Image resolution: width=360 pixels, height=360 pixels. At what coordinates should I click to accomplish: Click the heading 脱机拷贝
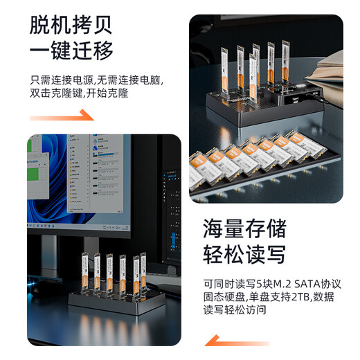pos(71,25)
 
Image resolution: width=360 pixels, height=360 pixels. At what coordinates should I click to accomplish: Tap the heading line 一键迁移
pos(71,51)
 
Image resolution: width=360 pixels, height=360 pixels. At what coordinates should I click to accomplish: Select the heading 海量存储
pos(244,228)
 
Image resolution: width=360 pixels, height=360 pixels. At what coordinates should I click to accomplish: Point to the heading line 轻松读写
pos(244,254)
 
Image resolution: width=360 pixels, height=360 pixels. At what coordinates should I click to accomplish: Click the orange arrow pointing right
pos(62,116)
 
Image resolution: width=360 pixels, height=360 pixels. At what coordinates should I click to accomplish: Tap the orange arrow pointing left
pos(237,341)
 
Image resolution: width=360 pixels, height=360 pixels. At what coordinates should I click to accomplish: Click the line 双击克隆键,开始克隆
pos(79,93)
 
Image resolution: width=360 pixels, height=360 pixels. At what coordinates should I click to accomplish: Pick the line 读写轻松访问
pos(235,309)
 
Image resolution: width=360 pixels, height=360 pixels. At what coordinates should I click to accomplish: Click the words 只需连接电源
pos(62,80)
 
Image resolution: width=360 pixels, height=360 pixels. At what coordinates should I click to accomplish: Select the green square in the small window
pos(33,174)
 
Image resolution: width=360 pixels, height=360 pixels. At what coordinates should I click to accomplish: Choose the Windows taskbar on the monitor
pos(79,226)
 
